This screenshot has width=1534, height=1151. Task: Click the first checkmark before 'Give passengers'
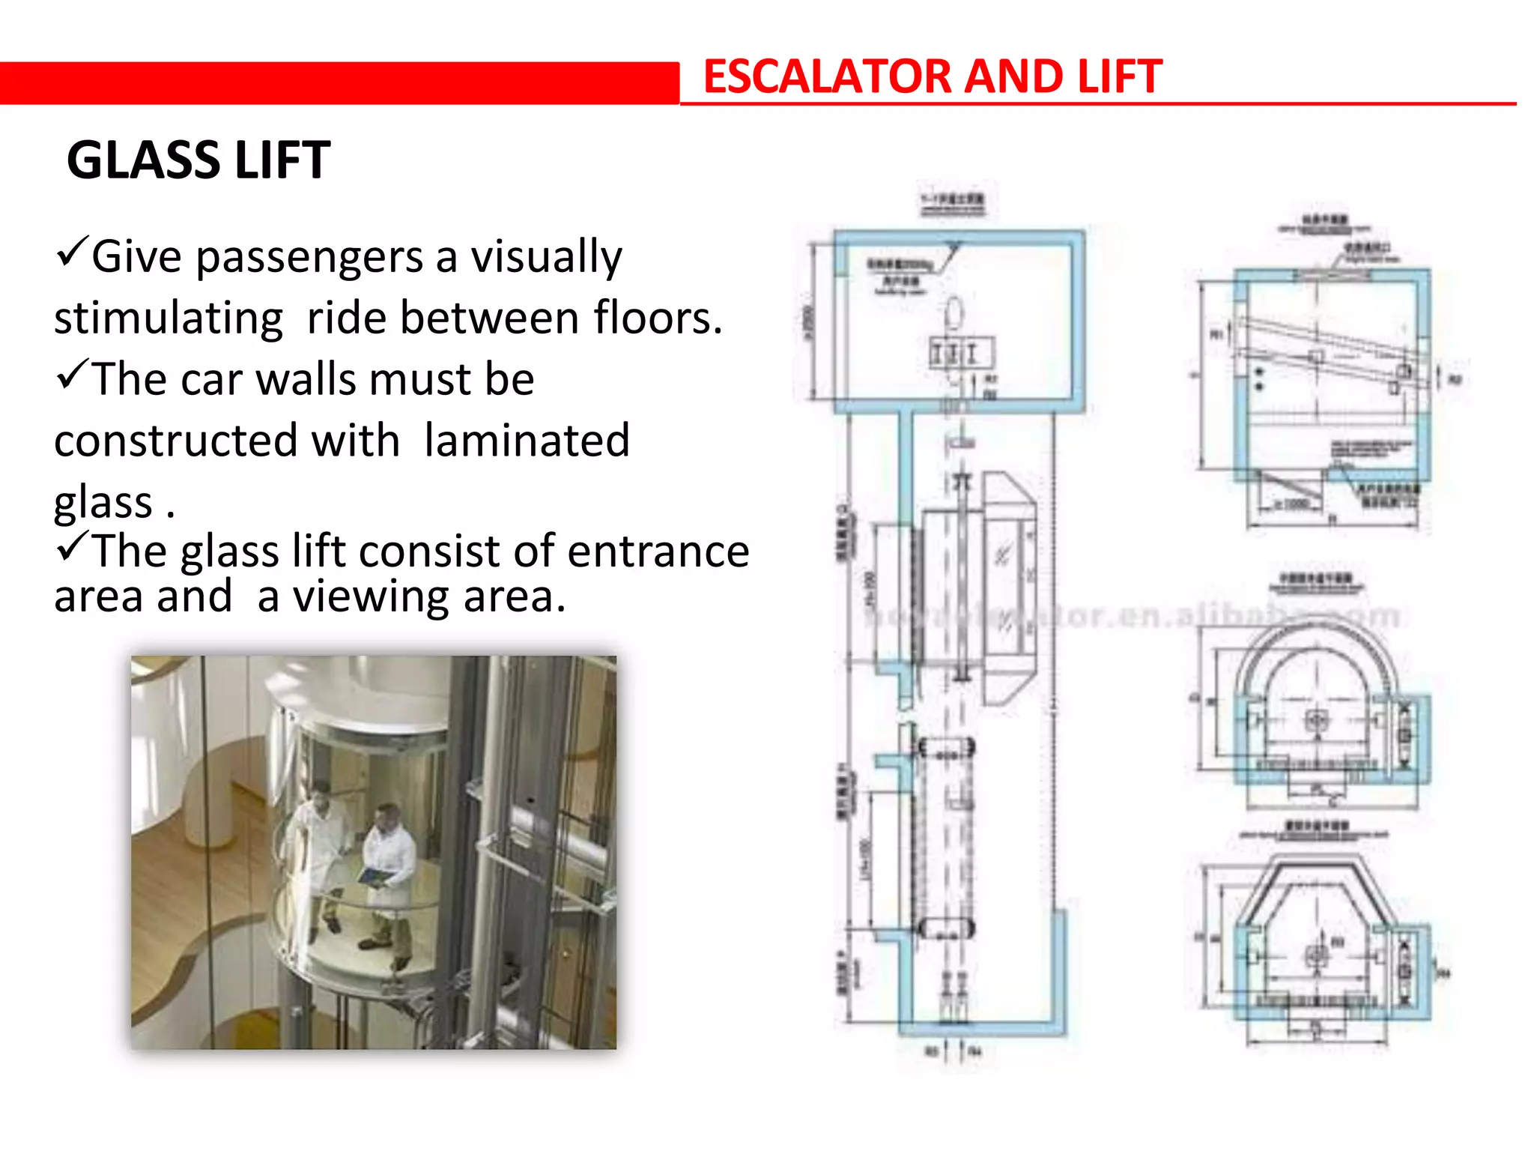coord(73,253)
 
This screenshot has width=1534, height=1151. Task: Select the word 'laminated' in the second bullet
coord(527,440)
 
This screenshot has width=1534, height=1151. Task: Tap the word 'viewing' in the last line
coord(371,596)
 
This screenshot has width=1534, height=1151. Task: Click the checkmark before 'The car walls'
coord(73,375)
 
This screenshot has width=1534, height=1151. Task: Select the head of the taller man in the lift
coord(320,792)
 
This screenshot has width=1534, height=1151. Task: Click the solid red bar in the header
coord(337,82)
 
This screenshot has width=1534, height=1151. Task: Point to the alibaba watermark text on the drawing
coord(1131,616)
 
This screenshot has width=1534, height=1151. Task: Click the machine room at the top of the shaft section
coord(959,322)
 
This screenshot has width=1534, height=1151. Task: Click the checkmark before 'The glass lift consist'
coord(73,547)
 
